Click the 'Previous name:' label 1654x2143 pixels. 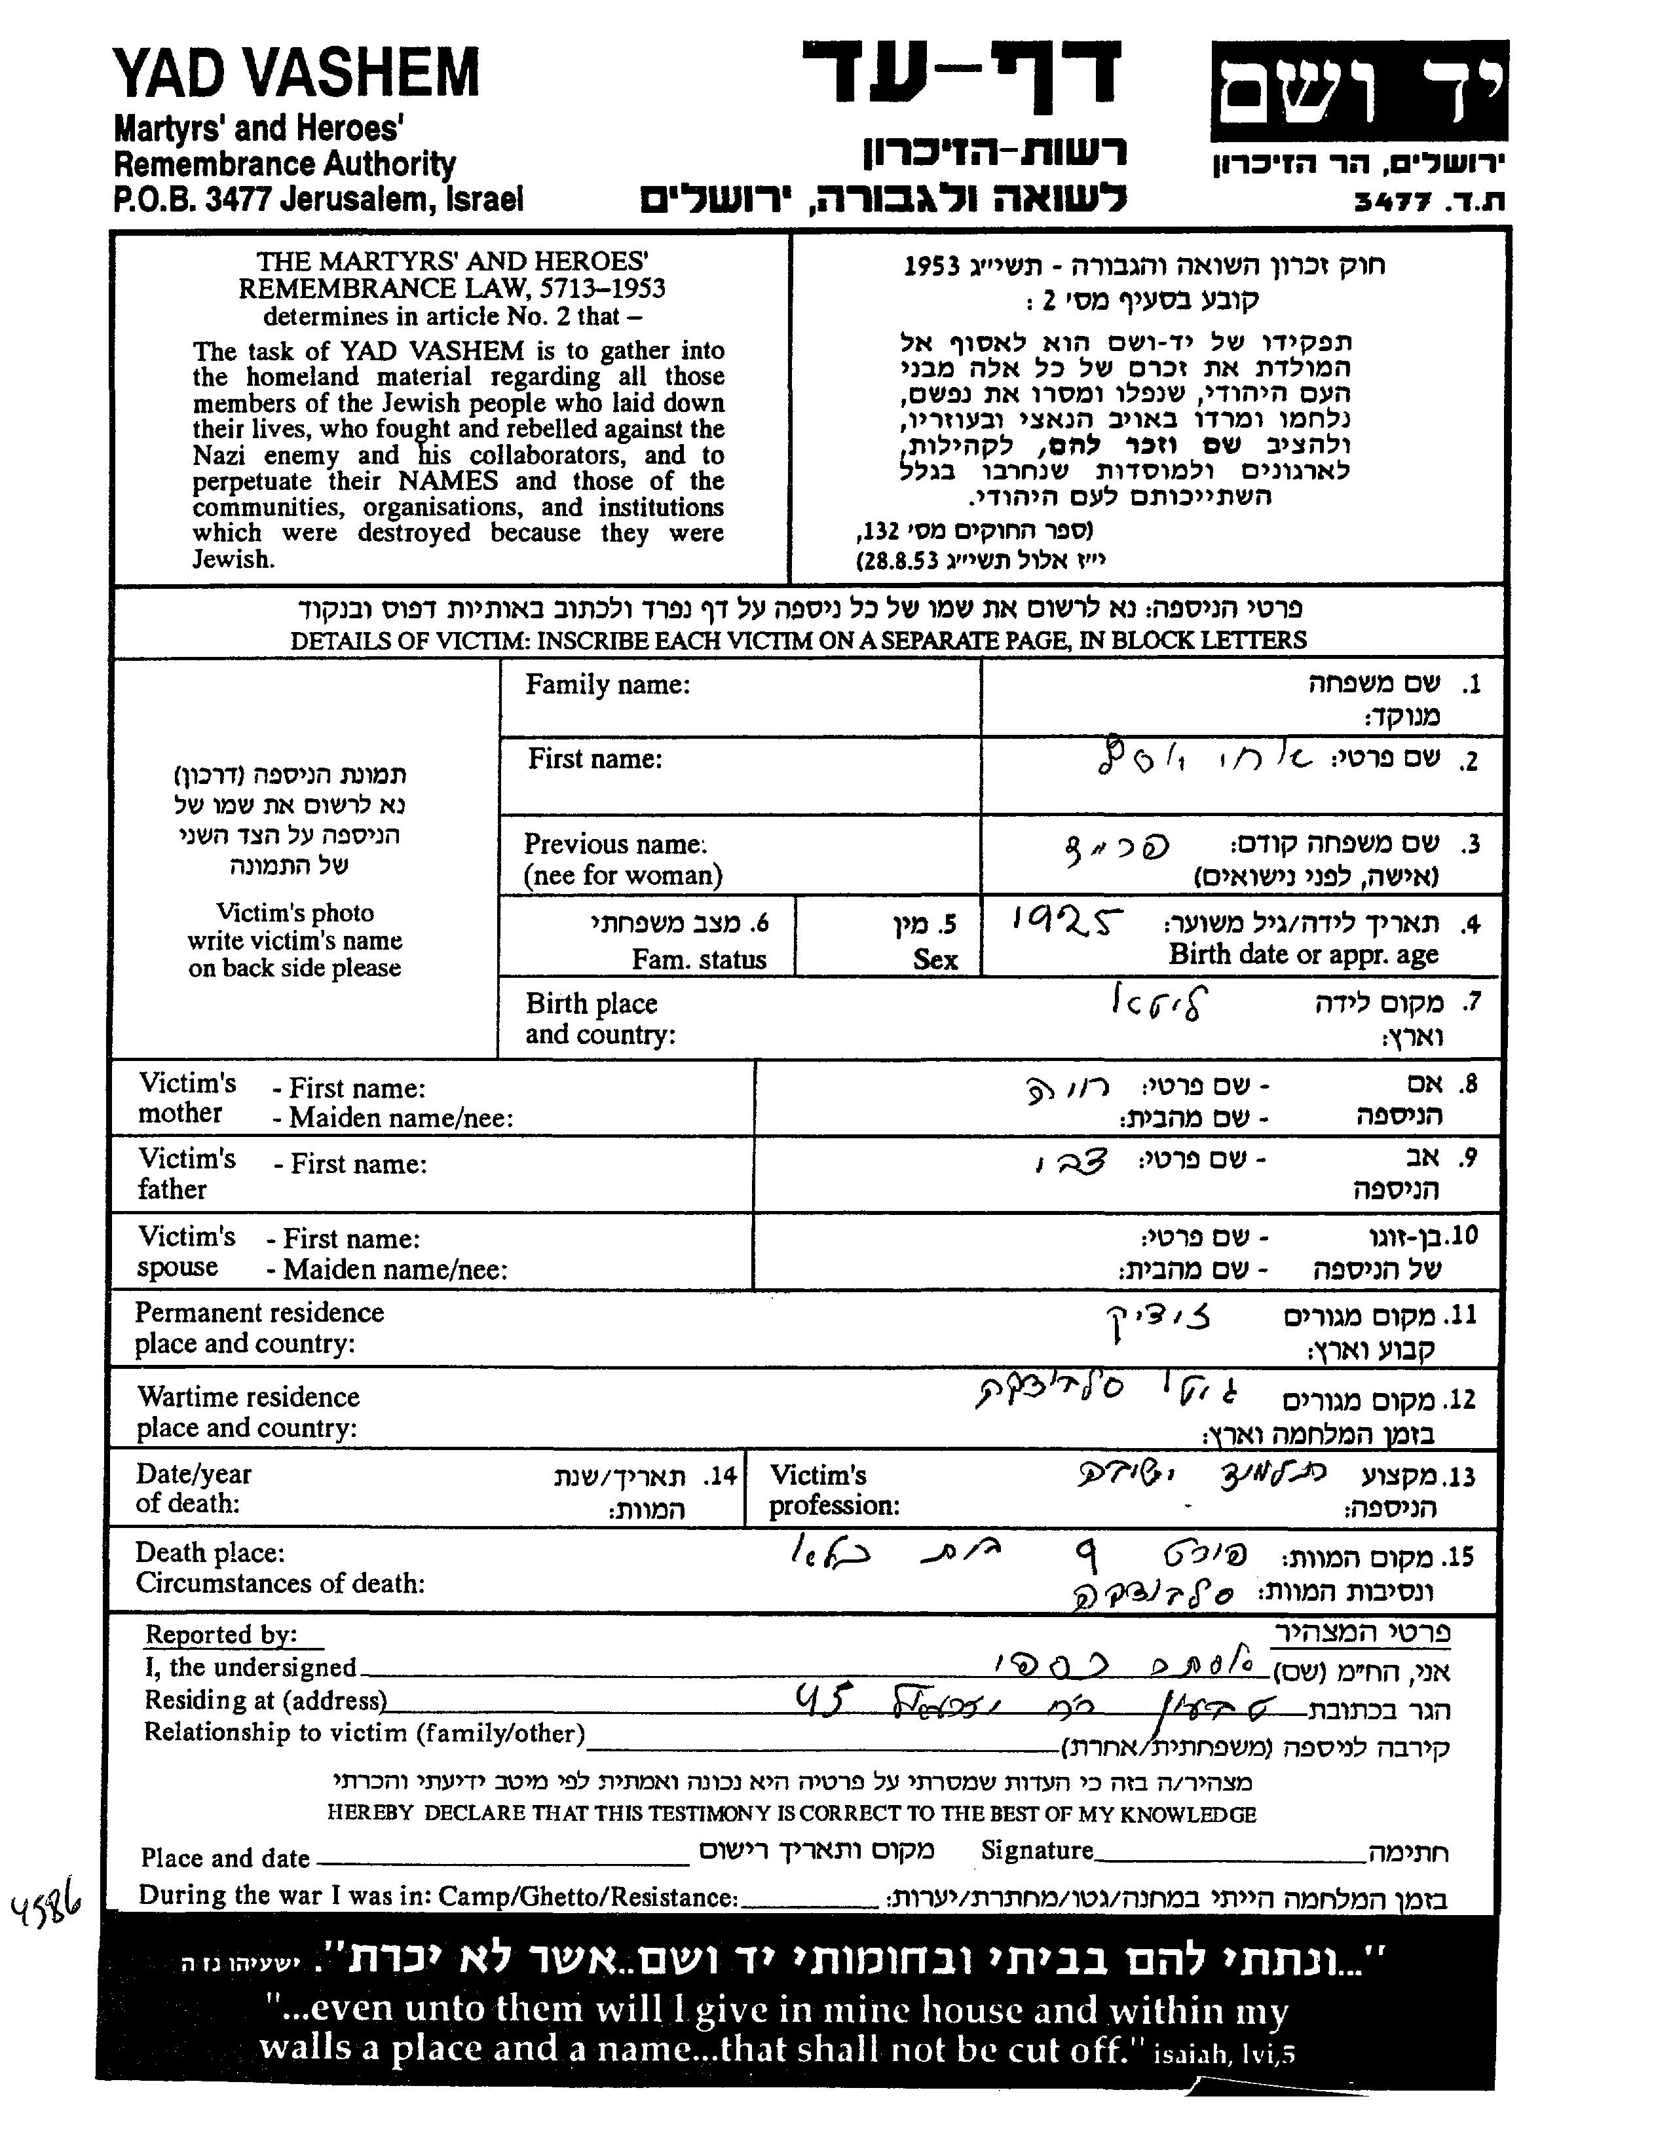pyautogui.click(x=614, y=844)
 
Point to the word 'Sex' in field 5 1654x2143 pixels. pyautogui.click(x=935, y=959)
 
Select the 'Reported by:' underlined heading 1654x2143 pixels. pyautogui.click(x=221, y=1635)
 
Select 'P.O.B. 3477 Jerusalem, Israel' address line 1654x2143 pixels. pyautogui.click(x=318, y=199)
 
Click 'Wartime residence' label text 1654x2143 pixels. pyautogui.click(x=248, y=1396)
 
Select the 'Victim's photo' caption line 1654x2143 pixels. pyautogui.click(x=295, y=912)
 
